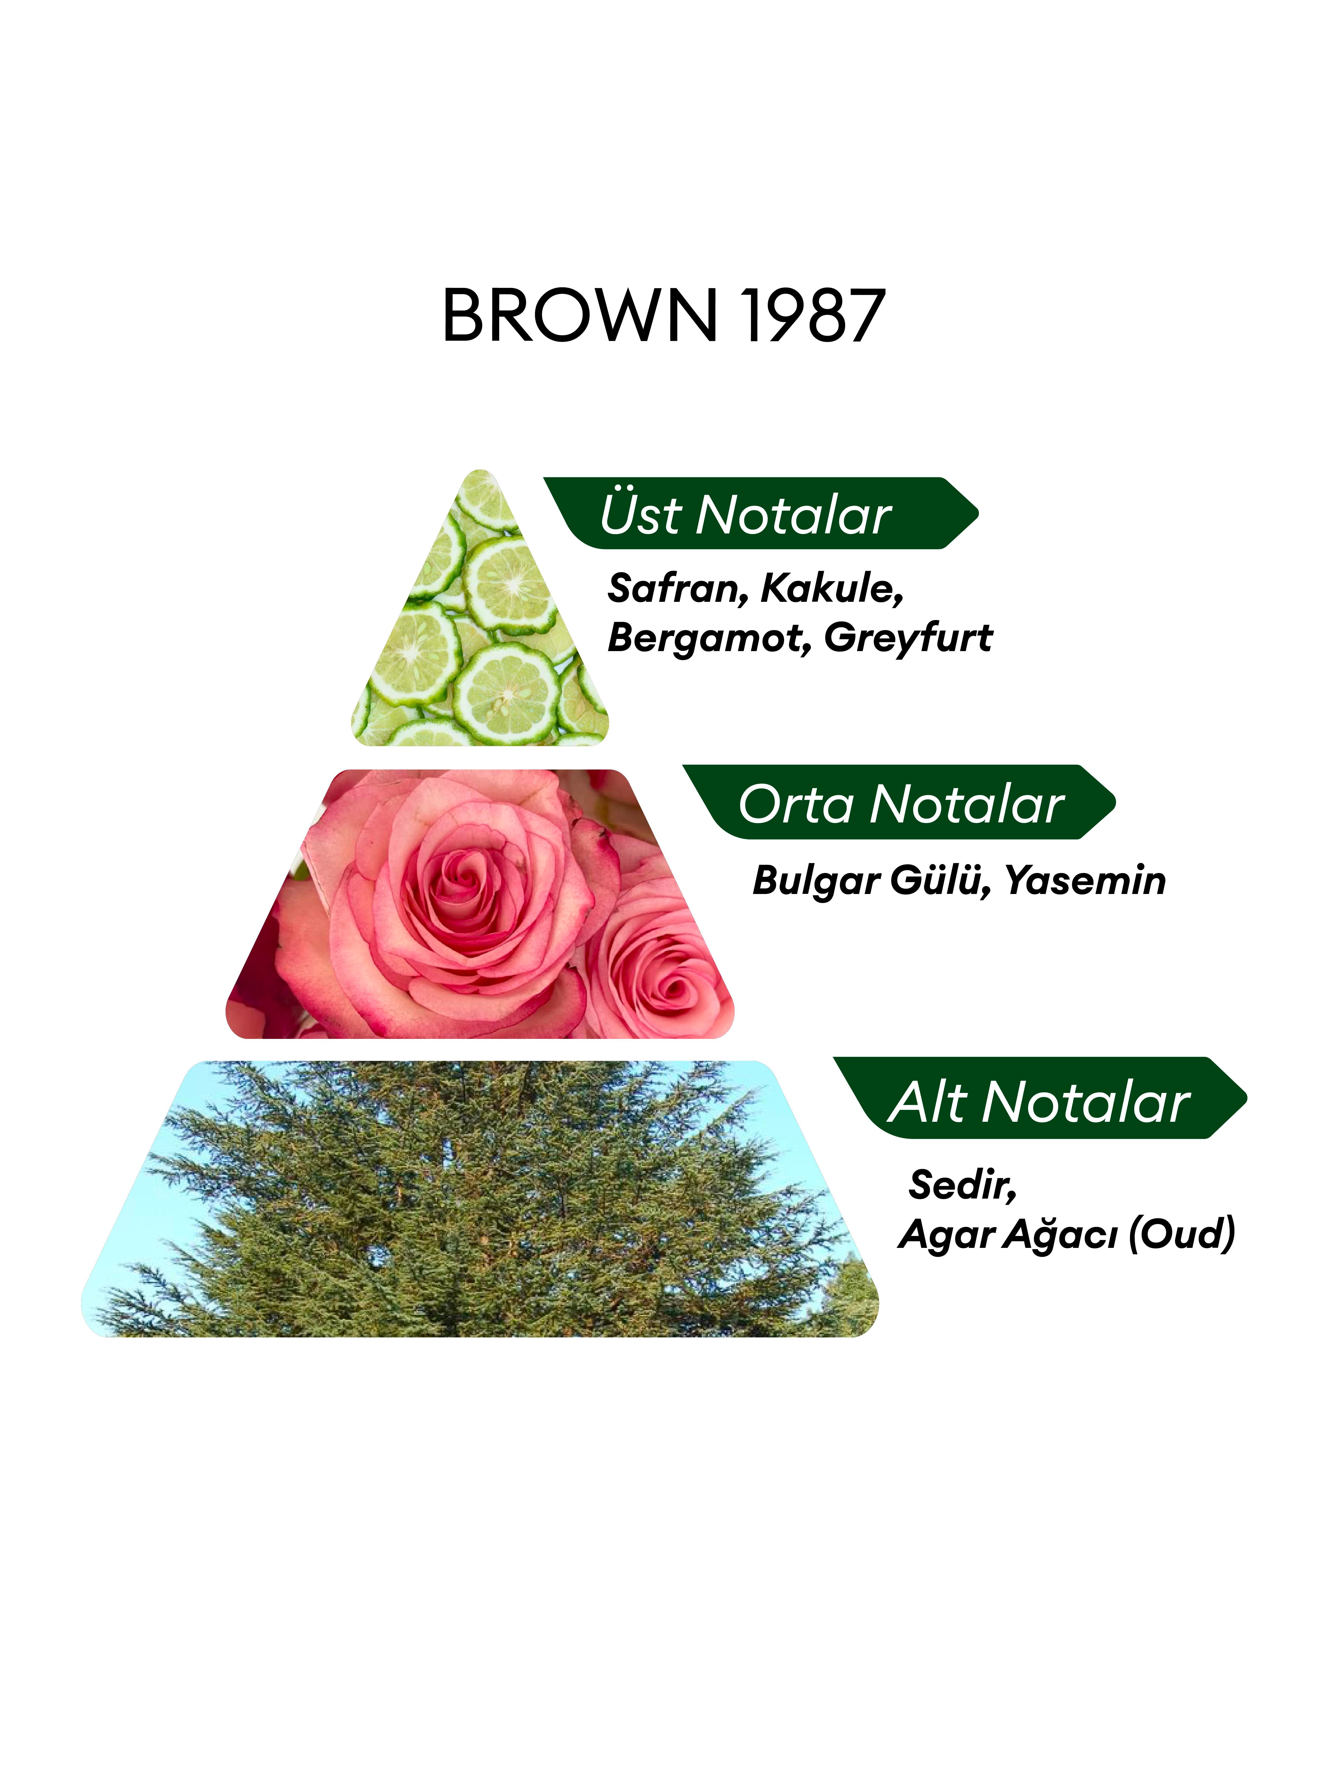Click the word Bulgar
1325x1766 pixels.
click(816, 881)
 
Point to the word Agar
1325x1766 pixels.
click(946, 1236)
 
